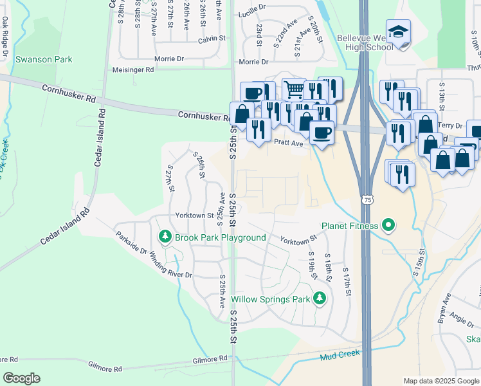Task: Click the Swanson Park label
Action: coord(44,59)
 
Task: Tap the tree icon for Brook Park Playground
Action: coord(165,237)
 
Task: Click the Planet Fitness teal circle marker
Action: coord(388,225)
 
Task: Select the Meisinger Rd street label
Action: coord(133,69)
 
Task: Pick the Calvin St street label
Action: coord(212,39)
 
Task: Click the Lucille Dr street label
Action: coord(251,12)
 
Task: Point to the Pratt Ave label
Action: coord(288,143)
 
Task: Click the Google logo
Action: coord(21,378)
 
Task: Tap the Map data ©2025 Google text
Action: coord(440,381)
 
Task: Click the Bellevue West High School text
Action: coord(365,42)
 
